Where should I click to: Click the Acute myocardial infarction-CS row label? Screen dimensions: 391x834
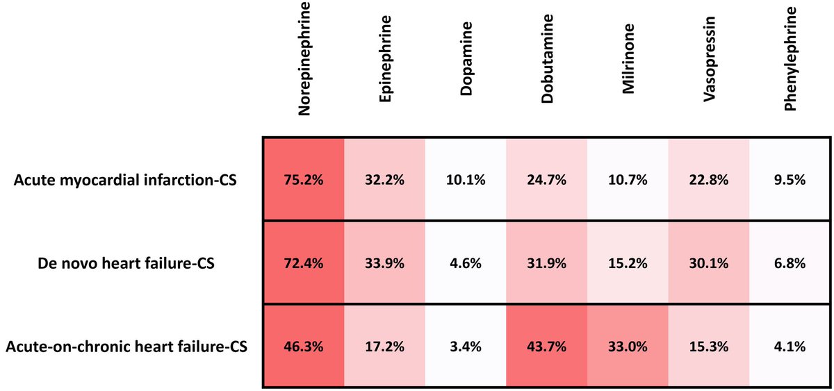point(125,180)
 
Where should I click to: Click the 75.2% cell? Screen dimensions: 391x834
point(304,180)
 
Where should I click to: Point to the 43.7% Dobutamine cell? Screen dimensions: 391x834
point(547,346)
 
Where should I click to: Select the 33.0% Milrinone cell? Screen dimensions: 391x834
point(628,346)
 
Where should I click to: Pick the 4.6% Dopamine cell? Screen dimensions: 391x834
point(466,263)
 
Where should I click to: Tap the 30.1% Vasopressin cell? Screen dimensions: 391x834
point(709,263)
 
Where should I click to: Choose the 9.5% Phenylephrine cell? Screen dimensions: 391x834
point(790,180)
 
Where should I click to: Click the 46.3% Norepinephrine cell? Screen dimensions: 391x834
point(304,346)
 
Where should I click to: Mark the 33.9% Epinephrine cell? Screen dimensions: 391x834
point(385,263)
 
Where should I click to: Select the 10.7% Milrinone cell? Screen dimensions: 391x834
point(628,180)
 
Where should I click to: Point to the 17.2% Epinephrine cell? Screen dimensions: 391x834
point(385,346)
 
